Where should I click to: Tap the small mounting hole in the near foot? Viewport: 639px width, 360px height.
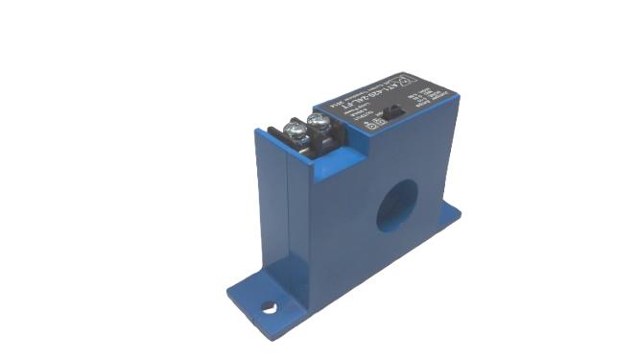pyautogui.click(x=272, y=309)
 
